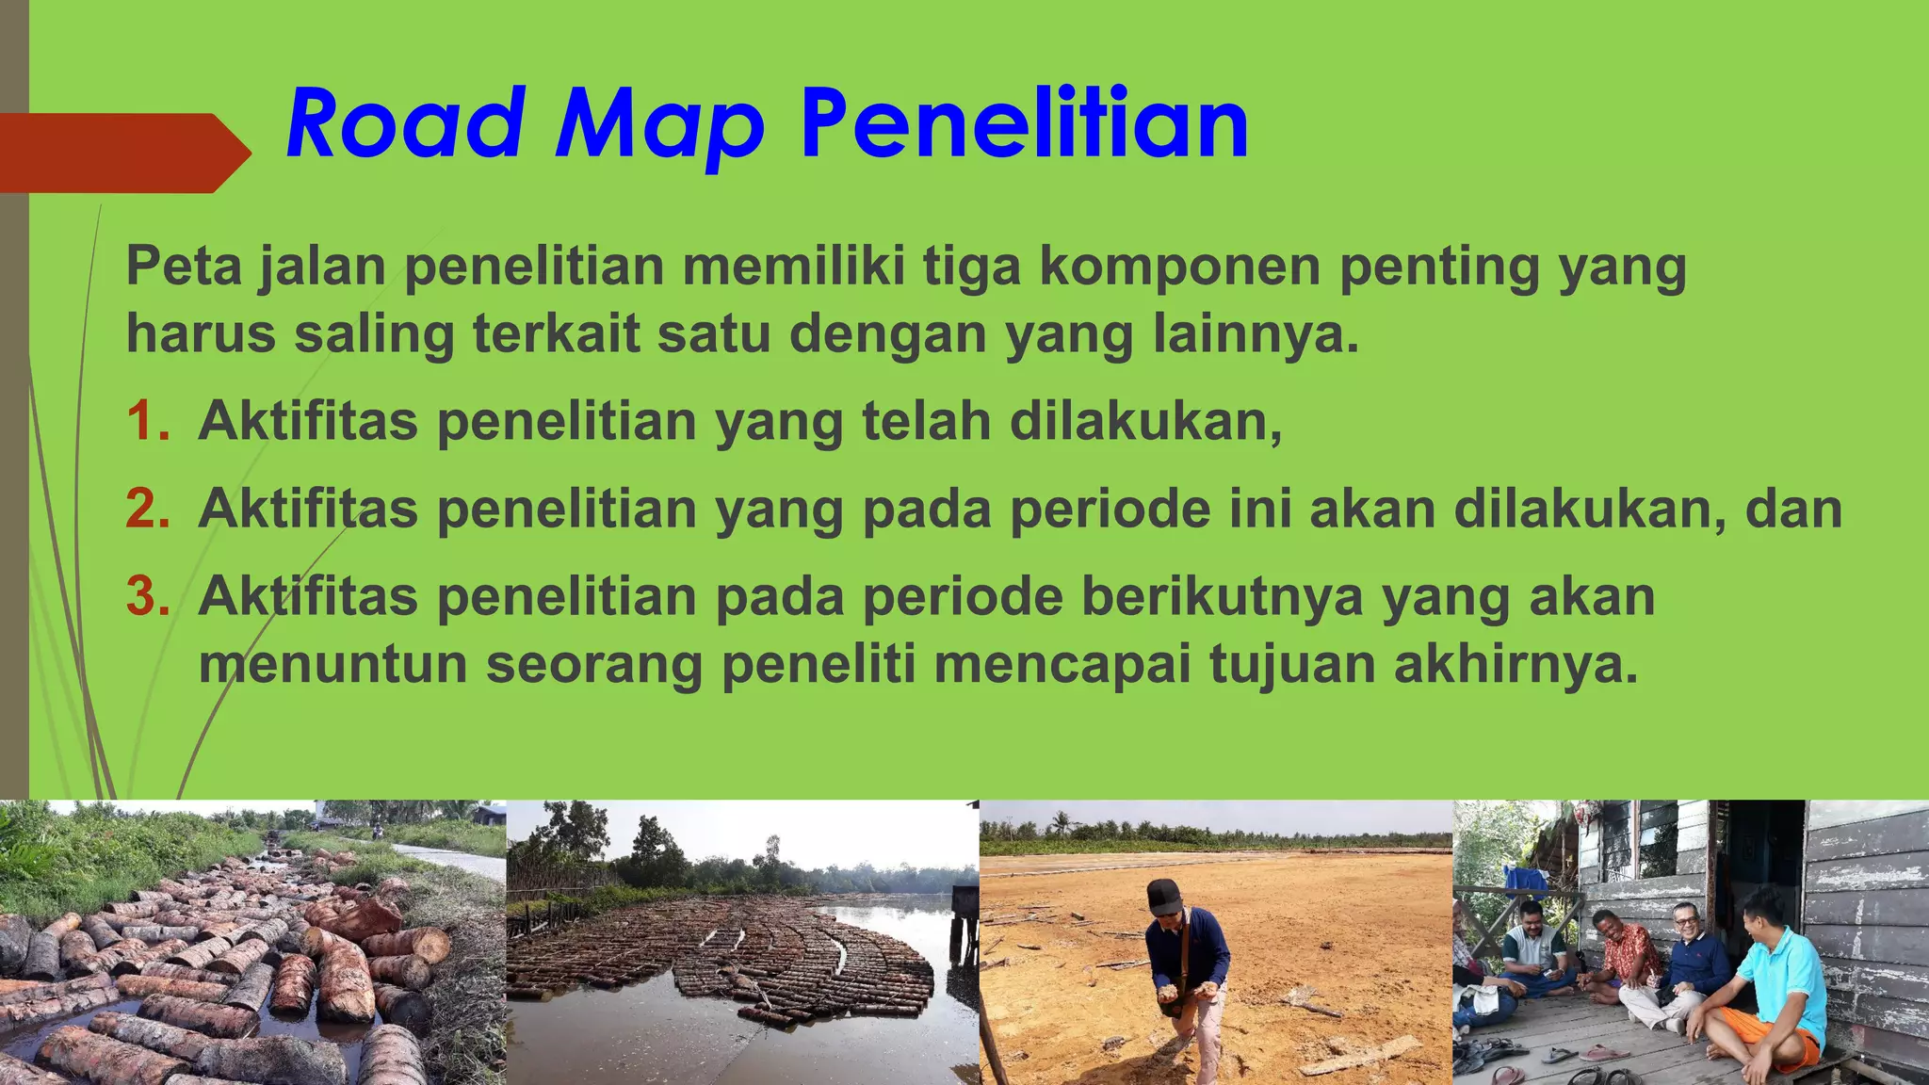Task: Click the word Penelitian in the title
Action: coord(1025,124)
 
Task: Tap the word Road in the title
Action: coord(405,124)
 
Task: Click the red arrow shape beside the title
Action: coord(122,153)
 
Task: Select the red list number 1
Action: coord(146,420)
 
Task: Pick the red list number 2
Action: coord(148,509)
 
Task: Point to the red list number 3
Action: coord(148,596)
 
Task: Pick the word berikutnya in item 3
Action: coord(1222,596)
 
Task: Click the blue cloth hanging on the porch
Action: coord(1525,878)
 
